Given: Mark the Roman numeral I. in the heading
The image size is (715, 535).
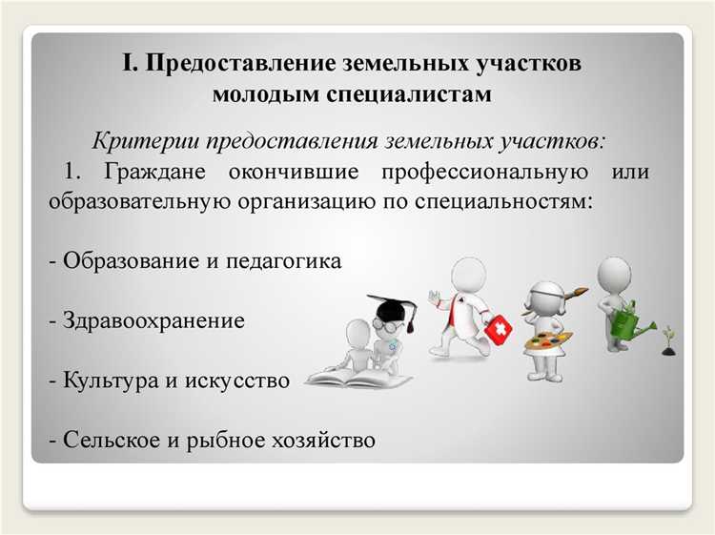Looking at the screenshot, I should tap(129, 64).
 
